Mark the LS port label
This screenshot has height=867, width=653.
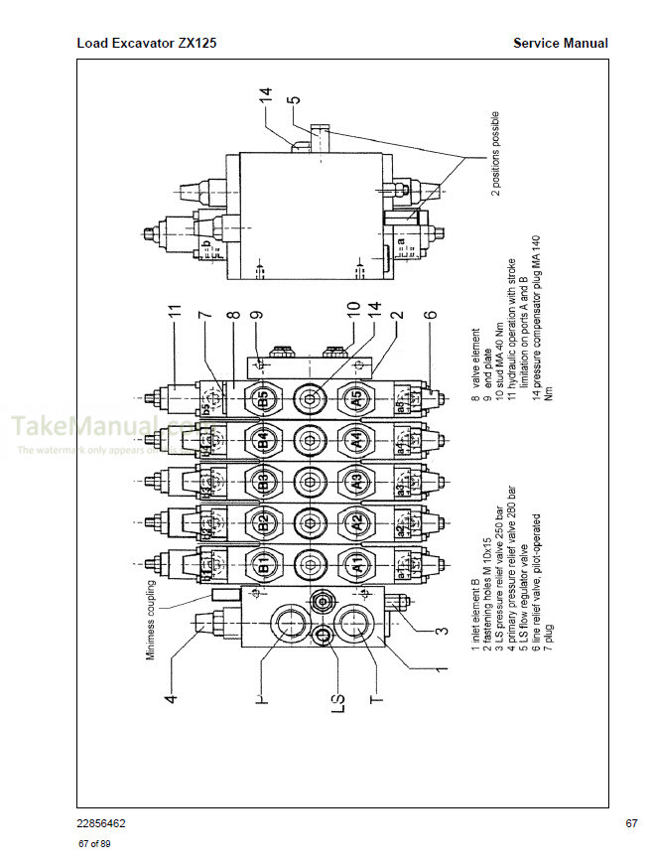tap(337, 700)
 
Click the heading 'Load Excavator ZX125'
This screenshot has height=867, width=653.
tap(146, 44)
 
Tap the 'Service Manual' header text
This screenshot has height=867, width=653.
tap(560, 44)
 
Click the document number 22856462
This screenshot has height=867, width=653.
tap(100, 823)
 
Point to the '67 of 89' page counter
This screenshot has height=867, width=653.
tap(94, 844)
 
